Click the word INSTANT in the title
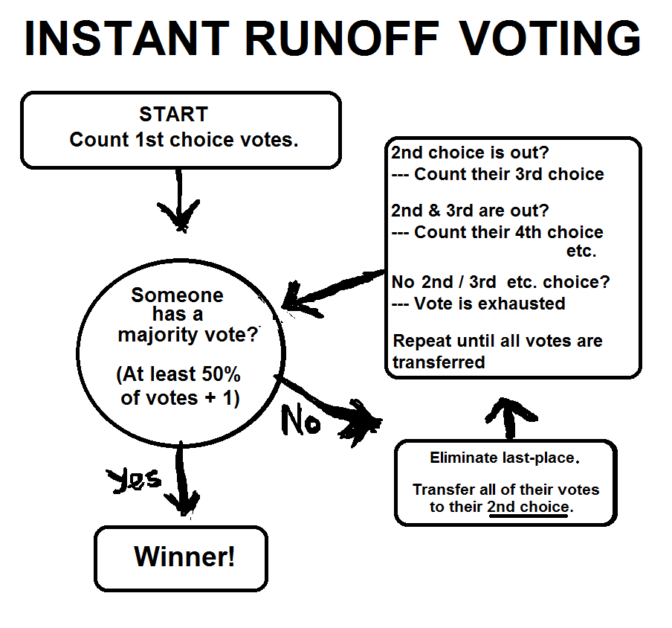click(x=126, y=39)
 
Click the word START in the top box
click(x=173, y=115)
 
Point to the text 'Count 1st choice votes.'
click(x=184, y=140)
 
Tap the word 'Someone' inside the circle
click(x=177, y=295)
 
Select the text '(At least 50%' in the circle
click(x=178, y=374)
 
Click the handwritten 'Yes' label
click(x=135, y=480)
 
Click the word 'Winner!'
click(x=184, y=557)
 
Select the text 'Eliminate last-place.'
click(x=504, y=458)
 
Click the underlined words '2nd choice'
click(x=528, y=507)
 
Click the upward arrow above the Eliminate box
click(x=509, y=418)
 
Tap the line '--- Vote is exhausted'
click(x=479, y=304)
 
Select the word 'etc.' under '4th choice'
click(x=581, y=251)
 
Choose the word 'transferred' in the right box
click(x=439, y=362)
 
